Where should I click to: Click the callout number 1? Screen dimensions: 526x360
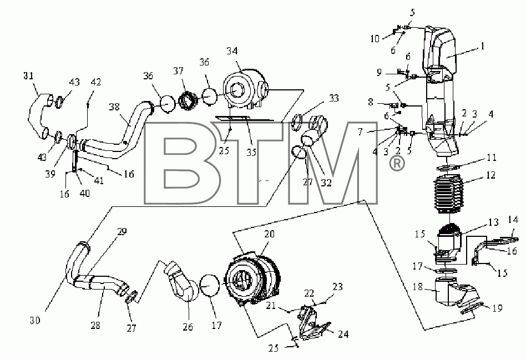click(x=482, y=46)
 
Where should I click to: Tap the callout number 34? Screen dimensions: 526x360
click(x=232, y=51)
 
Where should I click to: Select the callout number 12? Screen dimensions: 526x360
click(x=490, y=175)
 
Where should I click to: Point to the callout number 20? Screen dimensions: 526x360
click(x=269, y=234)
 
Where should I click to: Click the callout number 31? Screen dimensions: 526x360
click(x=28, y=76)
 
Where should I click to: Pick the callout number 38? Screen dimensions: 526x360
click(x=114, y=107)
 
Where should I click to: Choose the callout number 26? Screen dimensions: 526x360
click(x=188, y=327)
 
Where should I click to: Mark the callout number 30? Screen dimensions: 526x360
click(x=35, y=321)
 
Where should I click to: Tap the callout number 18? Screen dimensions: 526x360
click(x=418, y=287)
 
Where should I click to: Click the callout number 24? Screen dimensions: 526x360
click(x=343, y=334)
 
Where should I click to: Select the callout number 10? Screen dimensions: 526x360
click(x=375, y=39)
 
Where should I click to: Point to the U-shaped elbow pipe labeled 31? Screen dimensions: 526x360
click(x=39, y=116)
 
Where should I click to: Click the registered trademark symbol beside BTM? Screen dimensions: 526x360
click(x=397, y=164)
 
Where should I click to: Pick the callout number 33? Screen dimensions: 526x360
click(x=333, y=98)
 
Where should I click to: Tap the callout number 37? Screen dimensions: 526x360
click(x=179, y=71)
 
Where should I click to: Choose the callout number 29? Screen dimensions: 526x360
click(x=122, y=232)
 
